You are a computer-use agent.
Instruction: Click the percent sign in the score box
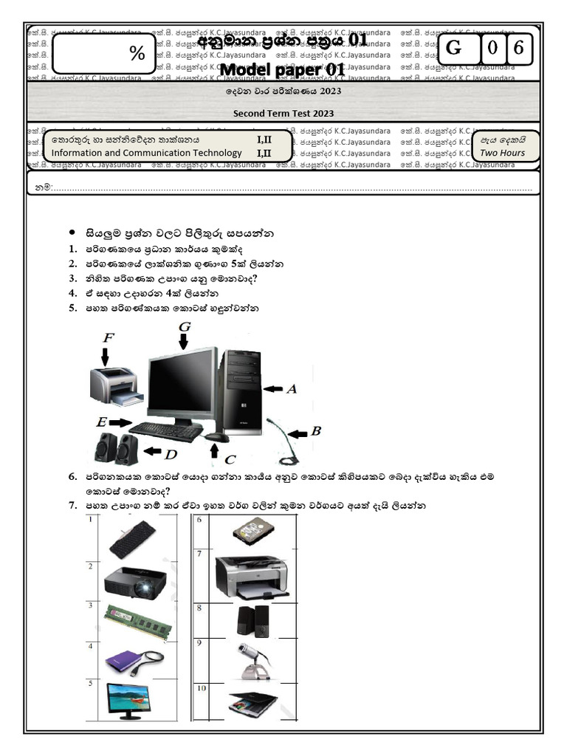pyautogui.click(x=137, y=53)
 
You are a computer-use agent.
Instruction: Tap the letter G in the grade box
pyautogui.click(x=454, y=49)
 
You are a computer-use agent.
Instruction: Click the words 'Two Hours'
pyautogui.click(x=502, y=153)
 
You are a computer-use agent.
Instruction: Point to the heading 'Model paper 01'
pyautogui.click(x=283, y=69)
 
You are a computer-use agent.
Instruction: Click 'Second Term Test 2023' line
pyautogui.click(x=283, y=113)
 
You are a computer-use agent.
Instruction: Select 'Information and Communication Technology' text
pyautogui.click(x=146, y=153)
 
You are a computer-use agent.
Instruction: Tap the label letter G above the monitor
pyautogui.click(x=185, y=326)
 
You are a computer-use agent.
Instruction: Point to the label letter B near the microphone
pyautogui.click(x=315, y=430)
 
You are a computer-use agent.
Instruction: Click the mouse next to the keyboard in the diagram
pyautogui.click(x=216, y=438)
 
